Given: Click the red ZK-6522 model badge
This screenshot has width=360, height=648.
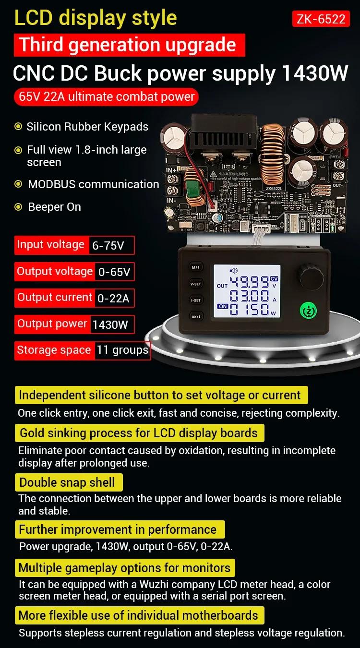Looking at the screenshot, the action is (x=321, y=19).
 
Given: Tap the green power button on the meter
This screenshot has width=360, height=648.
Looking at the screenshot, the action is (x=308, y=311).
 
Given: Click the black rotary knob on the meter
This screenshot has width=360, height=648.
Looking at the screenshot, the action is (x=312, y=277).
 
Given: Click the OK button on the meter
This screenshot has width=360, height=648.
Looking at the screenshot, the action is (x=196, y=316).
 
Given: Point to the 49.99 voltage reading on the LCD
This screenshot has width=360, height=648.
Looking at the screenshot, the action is (x=249, y=282).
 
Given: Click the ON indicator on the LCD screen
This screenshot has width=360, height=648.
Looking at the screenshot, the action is (x=223, y=306).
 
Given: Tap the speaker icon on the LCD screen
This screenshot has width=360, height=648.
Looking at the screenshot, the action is (x=234, y=271).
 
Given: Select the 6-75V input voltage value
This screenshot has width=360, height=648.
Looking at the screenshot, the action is (x=108, y=246).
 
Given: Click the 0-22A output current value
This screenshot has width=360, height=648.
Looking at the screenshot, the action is (x=113, y=298).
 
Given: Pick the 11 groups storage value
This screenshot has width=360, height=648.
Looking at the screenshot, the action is (x=122, y=350).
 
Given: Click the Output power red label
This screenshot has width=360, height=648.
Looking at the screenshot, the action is (x=52, y=324).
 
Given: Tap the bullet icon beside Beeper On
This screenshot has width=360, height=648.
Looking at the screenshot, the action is (x=18, y=207).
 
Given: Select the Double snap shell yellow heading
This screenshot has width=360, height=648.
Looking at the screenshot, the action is (x=69, y=482).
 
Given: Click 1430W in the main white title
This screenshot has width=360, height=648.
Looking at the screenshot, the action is (x=314, y=73).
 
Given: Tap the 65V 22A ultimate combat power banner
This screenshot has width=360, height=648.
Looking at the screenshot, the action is (x=106, y=96).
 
